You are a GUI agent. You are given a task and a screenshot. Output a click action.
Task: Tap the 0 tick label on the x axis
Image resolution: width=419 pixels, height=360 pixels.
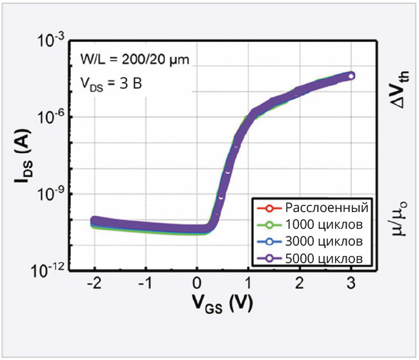198,284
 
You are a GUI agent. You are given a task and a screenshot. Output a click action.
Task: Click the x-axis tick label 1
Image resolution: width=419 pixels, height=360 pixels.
249,284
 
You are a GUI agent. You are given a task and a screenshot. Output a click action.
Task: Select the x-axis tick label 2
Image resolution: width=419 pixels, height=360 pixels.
300,284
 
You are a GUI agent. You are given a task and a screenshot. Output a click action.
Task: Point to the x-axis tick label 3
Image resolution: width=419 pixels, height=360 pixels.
351,284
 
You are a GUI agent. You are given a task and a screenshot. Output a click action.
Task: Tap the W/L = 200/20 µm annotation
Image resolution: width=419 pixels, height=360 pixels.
134,61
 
